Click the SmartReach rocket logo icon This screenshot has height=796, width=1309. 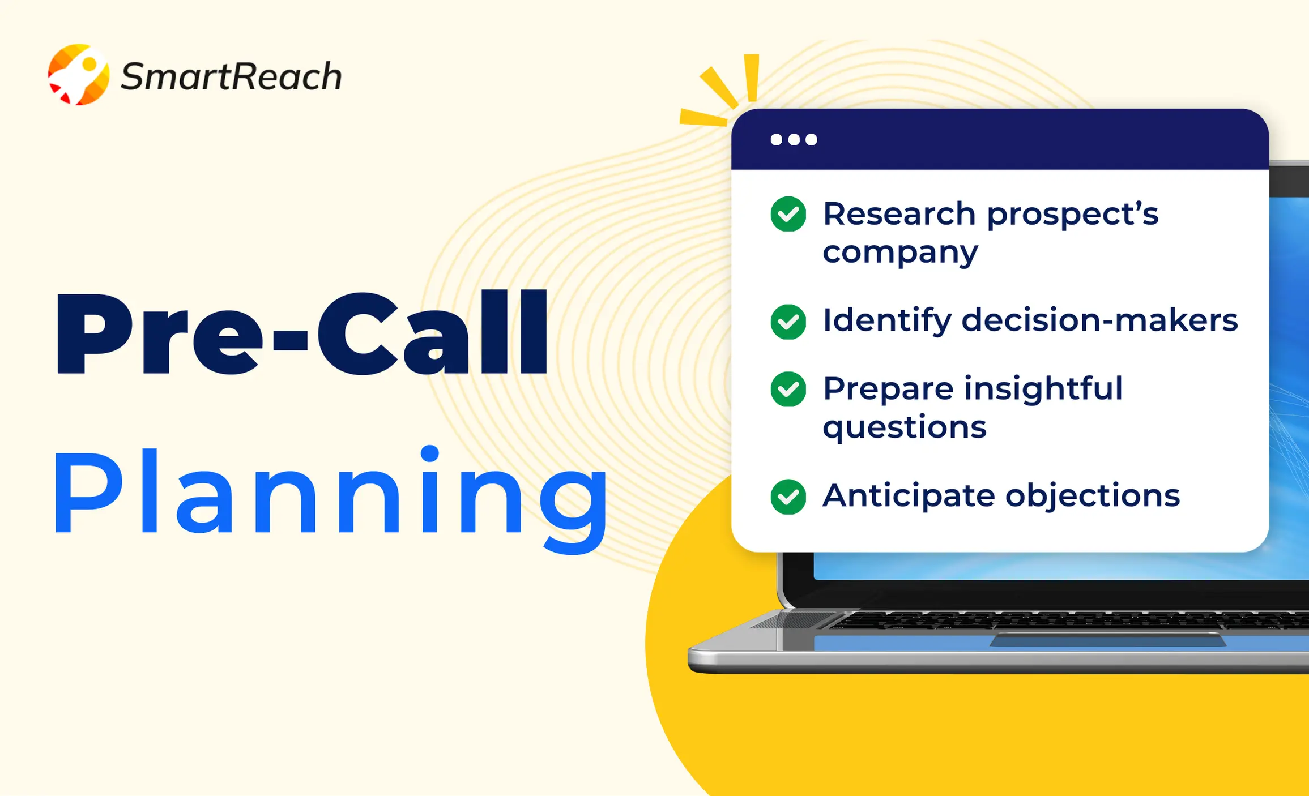78,75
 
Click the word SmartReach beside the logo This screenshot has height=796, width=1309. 231,76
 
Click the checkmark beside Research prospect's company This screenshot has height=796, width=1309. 788,214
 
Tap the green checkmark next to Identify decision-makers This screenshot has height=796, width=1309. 788,322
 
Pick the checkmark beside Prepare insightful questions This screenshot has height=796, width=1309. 788,389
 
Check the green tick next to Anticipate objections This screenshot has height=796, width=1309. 788,497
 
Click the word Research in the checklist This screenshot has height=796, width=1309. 899,214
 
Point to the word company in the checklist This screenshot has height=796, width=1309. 900,253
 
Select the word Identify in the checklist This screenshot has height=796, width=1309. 887,320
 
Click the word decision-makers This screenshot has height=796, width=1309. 1099,320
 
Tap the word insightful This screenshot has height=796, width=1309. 1043,389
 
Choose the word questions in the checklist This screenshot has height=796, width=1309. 905,427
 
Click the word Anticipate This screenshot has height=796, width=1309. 909,497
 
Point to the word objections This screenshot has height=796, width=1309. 1092,497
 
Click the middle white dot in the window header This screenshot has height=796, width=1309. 794,140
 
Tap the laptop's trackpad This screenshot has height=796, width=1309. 1107,640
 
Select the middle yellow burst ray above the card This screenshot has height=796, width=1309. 719,88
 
